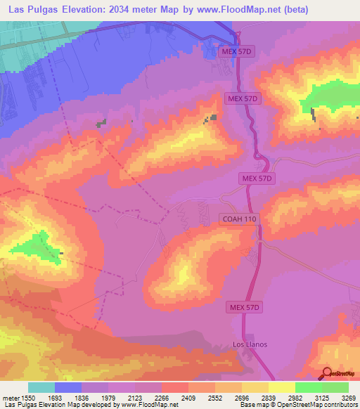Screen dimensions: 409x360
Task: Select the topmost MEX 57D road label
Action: coord(236,53)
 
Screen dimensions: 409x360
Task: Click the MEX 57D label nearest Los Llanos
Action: coord(245,308)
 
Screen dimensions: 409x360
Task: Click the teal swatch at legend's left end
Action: coord(41,387)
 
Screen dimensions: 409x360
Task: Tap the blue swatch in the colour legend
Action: coord(68,387)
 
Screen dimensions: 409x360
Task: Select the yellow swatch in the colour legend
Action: coord(282,387)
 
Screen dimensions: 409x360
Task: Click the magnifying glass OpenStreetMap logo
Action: coord(326,373)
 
